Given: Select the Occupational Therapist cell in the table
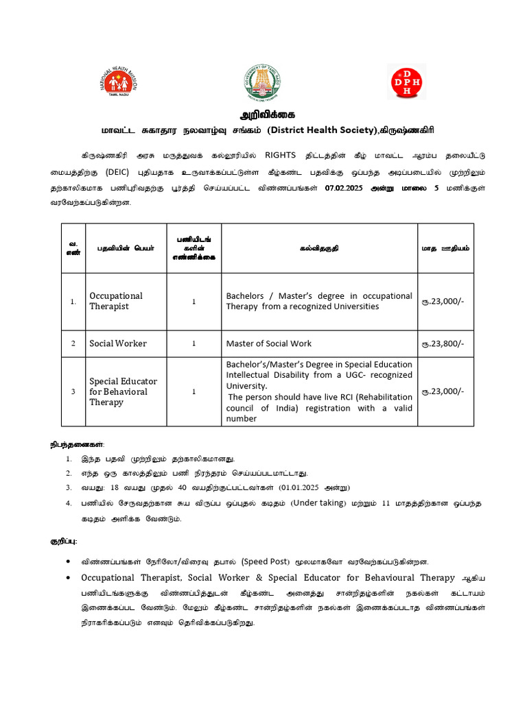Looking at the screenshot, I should pos(116,301).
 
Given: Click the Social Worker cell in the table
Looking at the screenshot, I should pos(118,343).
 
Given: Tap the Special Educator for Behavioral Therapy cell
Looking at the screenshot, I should pos(124,391).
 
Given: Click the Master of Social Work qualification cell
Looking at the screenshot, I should pos(269,343).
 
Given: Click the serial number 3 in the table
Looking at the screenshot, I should pos(73,391).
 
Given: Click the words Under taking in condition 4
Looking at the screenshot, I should pos(321,503).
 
